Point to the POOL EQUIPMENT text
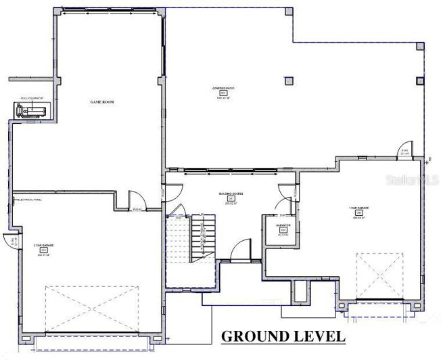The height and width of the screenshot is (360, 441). (31, 98)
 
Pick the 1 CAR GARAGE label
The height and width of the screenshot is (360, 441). (358, 208)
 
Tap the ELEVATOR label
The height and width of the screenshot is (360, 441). (283, 224)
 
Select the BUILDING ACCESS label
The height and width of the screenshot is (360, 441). (230, 194)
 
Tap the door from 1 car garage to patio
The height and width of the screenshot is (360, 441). (404, 152)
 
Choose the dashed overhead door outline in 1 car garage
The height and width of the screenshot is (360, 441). (379, 276)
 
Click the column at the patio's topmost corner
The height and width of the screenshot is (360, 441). (289, 12)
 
